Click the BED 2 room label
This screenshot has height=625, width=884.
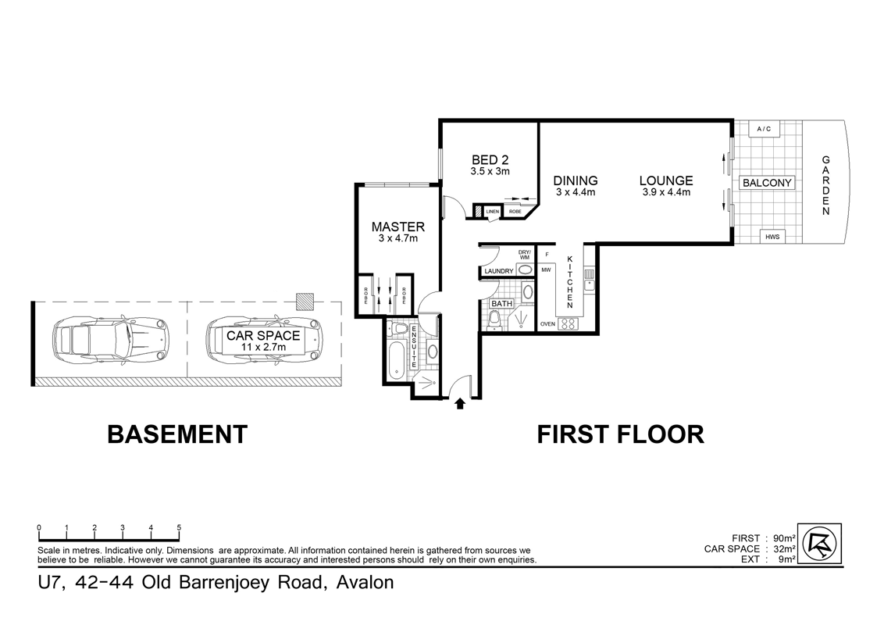pyautogui.click(x=490, y=160)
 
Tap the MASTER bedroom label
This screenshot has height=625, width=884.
pyautogui.click(x=397, y=227)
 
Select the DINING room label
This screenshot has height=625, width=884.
pyautogui.click(x=576, y=180)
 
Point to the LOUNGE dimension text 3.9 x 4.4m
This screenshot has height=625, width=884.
pyautogui.click(x=666, y=192)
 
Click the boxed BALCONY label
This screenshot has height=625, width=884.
pyautogui.click(x=767, y=183)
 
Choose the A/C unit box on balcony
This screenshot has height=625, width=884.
pyautogui.click(x=763, y=129)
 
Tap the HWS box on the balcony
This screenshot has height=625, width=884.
pyautogui.click(x=772, y=237)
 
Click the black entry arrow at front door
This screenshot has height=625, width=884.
pyautogui.click(x=460, y=403)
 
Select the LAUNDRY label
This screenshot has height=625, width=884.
pyautogui.click(x=498, y=271)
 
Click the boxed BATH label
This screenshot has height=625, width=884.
pyautogui.click(x=501, y=303)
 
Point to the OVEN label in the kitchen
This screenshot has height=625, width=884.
pyautogui.click(x=547, y=323)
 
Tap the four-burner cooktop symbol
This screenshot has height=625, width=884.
pyautogui.click(x=569, y=323)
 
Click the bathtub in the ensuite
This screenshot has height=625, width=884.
pyautogui.click(x=398, y=359)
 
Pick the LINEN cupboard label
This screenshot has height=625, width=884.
pyautogui.click(x=492, y=212)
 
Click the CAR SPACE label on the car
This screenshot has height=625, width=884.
pyautogui.click(x=263, y=336)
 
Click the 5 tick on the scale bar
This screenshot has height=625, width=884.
pyautogui.click(x=180, y=529)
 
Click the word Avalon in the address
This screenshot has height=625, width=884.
pyautogui.click(x=364, y=583)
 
